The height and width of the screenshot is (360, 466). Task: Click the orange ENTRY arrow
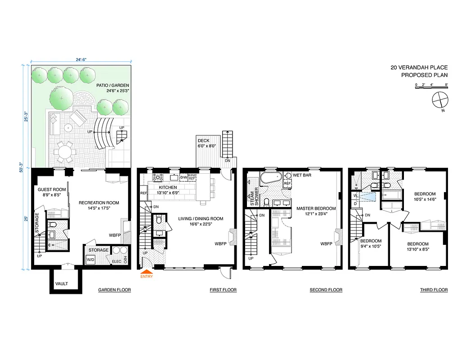[147, 271]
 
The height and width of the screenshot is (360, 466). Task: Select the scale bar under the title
[431, 88]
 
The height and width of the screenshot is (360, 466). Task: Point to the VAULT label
[61, 283]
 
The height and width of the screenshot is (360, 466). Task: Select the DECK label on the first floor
[204, 141]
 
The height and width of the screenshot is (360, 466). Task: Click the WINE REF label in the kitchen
[192, 177]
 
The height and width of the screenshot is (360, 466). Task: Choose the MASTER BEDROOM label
[316, 208]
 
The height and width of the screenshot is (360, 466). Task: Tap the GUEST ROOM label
[51, 189]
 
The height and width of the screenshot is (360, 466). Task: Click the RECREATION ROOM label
[99, 203]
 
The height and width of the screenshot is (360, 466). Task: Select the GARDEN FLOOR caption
[114, 290]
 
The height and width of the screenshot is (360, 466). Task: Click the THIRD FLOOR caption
[434, 290]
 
